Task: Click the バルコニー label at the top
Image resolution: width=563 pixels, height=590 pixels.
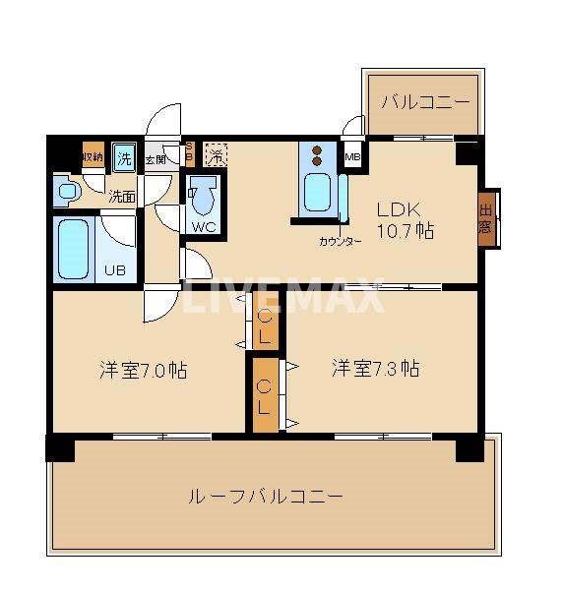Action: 424,101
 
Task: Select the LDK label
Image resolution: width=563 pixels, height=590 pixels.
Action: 401,208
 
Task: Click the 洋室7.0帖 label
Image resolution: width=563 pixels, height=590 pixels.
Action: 143,371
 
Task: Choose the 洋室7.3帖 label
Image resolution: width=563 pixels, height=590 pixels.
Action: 375,369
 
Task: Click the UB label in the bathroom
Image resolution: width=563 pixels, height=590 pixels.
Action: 115,268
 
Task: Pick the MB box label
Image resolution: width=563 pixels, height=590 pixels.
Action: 352,156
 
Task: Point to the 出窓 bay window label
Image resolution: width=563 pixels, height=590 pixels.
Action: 486,218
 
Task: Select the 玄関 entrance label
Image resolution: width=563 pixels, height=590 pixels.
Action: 155,158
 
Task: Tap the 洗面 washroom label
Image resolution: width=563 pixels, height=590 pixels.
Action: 121,196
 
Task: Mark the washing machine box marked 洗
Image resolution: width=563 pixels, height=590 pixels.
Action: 124,155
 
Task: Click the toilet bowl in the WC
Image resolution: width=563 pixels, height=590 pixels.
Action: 202,199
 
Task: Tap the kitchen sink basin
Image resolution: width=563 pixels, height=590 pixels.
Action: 317,192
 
